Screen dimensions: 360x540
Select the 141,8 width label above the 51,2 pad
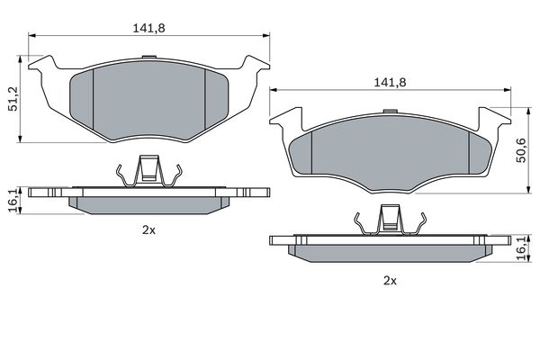[x=149, y=28]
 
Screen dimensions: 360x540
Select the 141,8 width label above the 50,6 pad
[x=389, y=82]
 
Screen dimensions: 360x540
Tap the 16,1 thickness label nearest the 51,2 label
[x=12, y=200]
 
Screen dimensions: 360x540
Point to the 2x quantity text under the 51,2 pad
[x=149, y=230]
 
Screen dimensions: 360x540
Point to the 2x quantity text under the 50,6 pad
[x=389, y=280]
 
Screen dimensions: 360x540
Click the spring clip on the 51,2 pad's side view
[x=149, y=171]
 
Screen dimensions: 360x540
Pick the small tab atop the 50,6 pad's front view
[x=390, y=112]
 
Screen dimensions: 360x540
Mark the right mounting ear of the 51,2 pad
[x=256, y=65]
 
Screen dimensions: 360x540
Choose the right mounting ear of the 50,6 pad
[x=496, y=118]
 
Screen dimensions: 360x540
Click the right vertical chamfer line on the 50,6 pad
[x=468, y=148]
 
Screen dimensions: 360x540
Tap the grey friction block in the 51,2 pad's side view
[x=149, y=204]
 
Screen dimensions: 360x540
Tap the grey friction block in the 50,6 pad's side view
[x=390, y=253]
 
